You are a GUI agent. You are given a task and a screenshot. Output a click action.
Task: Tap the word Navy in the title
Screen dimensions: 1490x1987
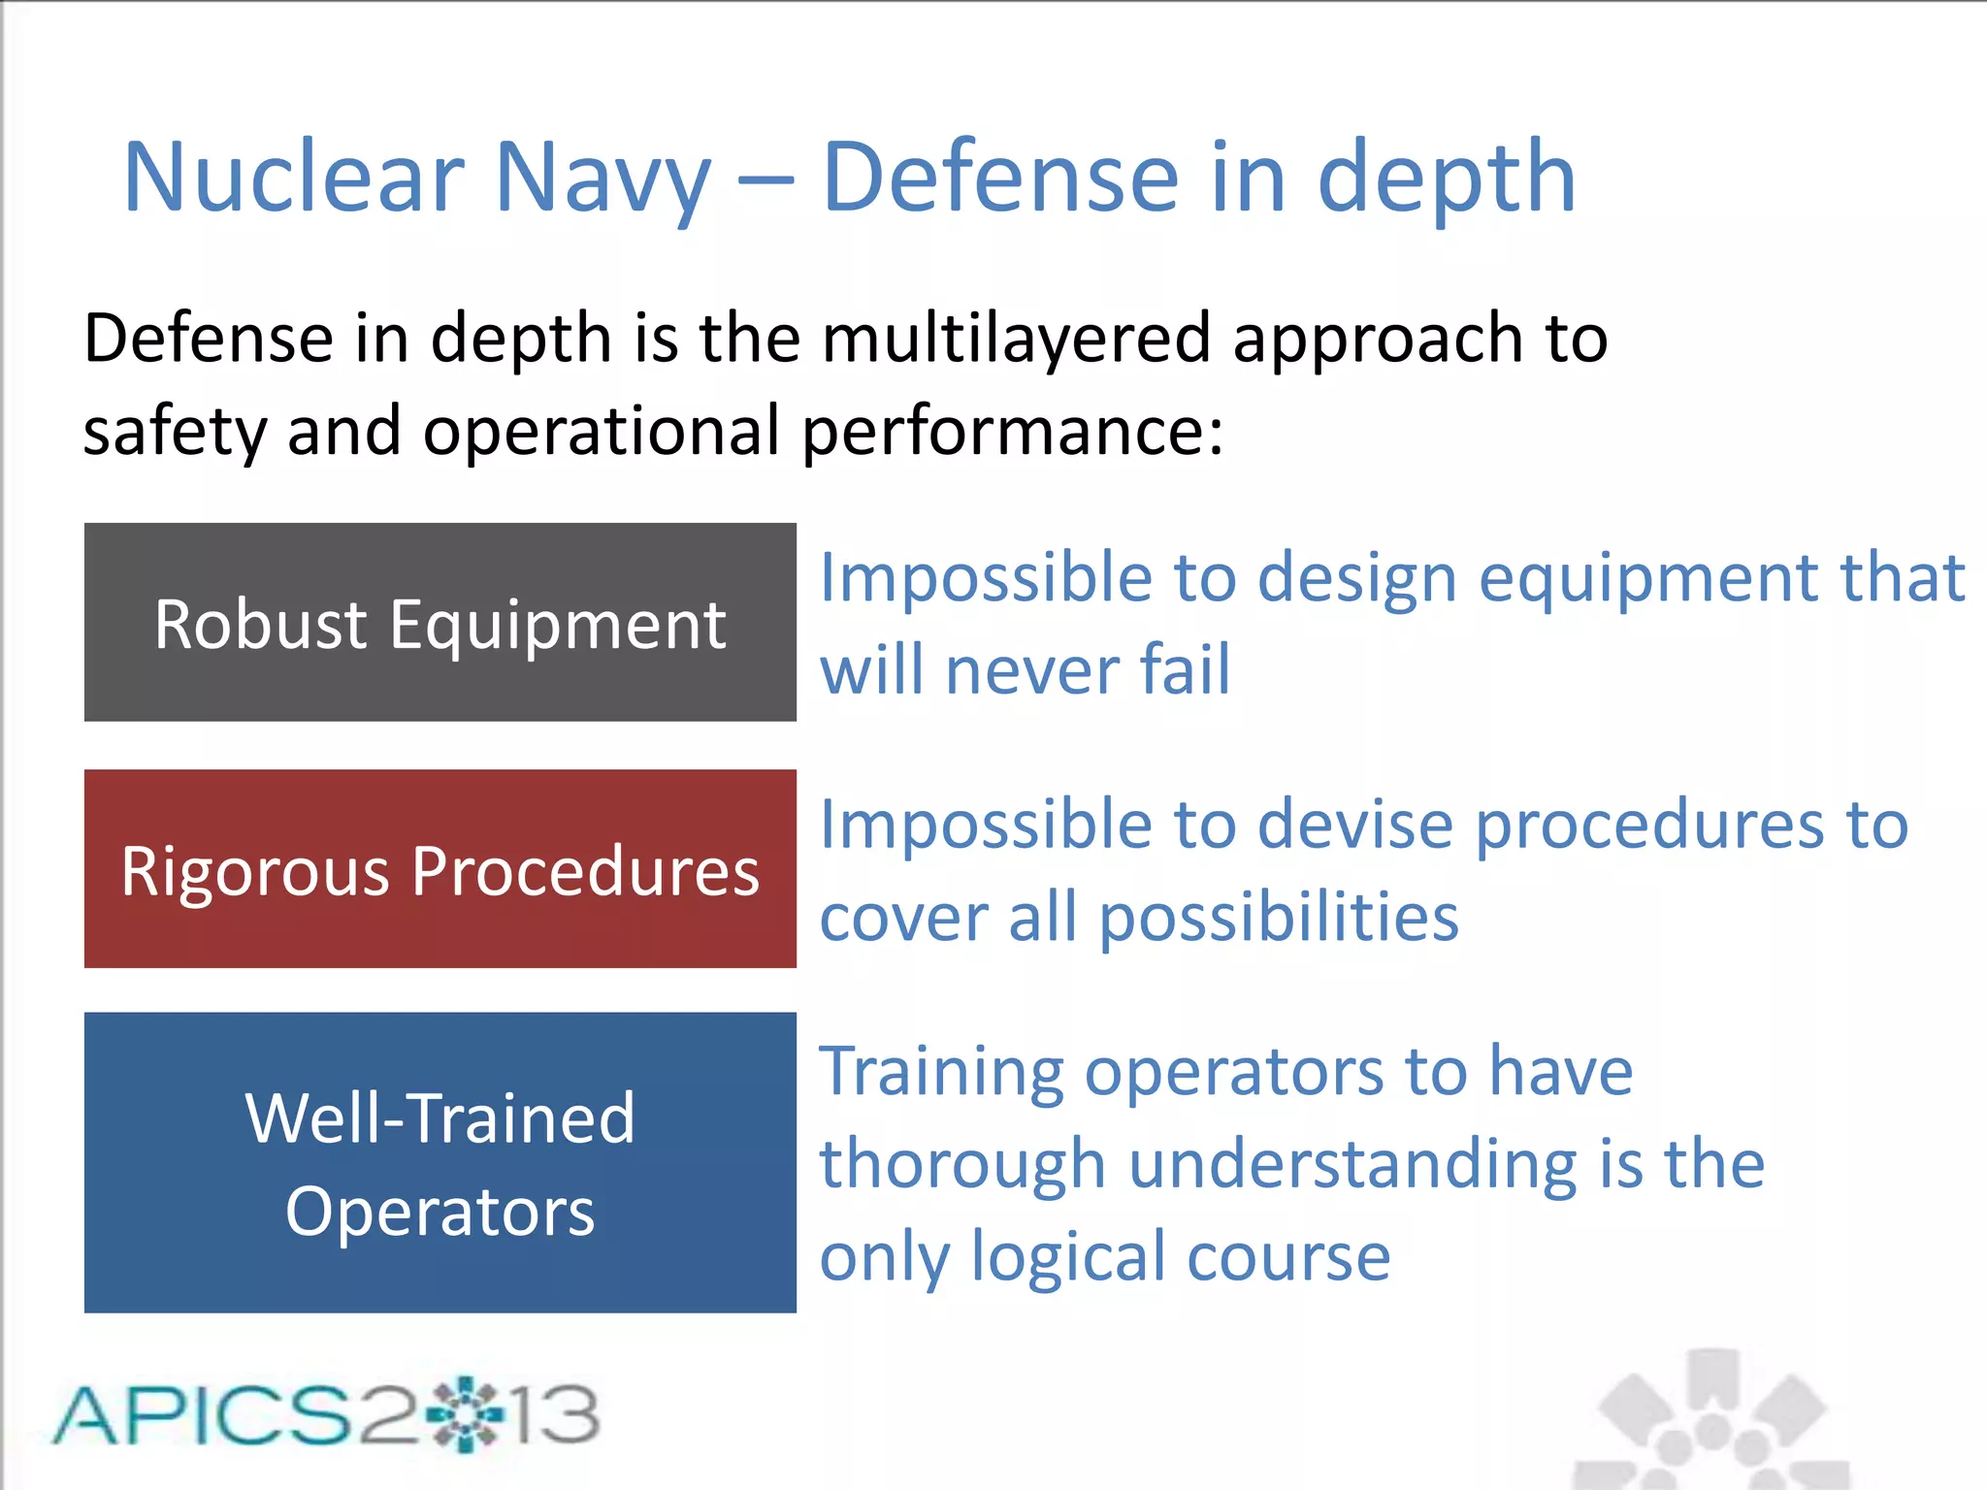coord(603,179)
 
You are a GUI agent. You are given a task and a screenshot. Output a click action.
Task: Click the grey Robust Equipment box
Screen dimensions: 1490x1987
coord(440,622)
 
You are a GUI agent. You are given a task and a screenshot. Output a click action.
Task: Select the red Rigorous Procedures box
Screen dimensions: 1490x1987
coord(440,869)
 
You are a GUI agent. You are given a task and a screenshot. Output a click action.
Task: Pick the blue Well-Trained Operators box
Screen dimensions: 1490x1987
coord(440,1162)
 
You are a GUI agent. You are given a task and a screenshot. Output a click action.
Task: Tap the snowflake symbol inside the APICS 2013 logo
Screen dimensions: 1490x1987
coord(465,1414)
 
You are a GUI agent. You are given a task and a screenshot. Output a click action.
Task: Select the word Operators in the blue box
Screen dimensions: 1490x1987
coord(440,1213)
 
